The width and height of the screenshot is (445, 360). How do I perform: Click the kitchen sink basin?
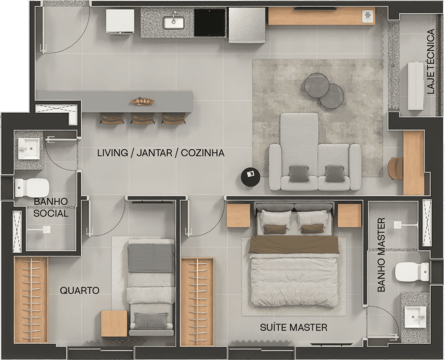(173, 23)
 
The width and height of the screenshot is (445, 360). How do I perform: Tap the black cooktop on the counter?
(210, 22)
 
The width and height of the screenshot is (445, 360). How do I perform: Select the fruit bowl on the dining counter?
(143, 102)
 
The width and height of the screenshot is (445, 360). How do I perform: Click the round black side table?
(250, 177)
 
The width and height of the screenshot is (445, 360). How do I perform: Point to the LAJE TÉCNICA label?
(431, 61)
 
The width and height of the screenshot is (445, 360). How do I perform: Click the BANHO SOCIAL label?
(51, 207)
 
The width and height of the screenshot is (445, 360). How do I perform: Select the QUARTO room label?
(80, 290)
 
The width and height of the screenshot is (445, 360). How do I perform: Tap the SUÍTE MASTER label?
(294, 327)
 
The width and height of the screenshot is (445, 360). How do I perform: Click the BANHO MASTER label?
(381, 255)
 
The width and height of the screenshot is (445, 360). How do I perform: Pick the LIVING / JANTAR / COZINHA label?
(161, 153)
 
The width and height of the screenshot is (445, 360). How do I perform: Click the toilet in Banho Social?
(32, 188)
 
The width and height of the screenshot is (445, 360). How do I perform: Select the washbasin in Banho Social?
(29, 148)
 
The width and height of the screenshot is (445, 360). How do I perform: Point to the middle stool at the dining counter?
(143, 118)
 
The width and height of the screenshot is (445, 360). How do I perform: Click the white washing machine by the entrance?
(120, 22)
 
